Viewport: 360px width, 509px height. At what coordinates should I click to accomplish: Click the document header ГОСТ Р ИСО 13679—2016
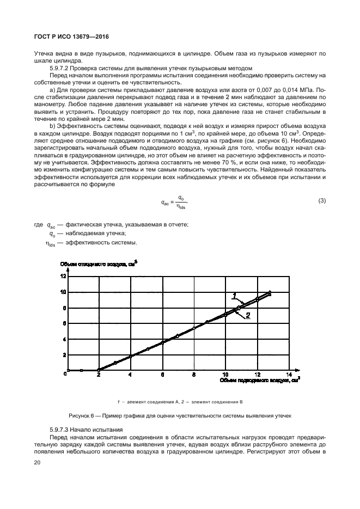coord(72,36)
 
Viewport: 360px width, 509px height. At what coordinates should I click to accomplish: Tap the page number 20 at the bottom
coord(38,463)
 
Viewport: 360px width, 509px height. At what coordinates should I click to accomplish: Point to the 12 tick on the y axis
coord(63,276)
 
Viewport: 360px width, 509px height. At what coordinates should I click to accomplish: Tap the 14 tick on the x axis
coord(290,375)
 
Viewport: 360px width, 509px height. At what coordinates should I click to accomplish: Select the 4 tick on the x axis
coord(130,375)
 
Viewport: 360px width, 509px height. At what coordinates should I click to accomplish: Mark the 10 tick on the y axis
coord(63,292)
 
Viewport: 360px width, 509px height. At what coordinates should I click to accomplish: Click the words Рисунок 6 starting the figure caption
coord(81,416)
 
